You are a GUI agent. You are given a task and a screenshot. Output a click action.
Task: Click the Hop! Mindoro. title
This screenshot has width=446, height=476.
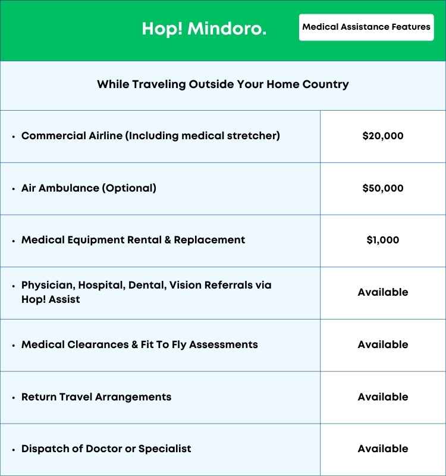coord(204,29)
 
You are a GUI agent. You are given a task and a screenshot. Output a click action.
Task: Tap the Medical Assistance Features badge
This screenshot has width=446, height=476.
coord(366,27)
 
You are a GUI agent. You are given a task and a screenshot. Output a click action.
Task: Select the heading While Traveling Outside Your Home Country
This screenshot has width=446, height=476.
coord(223,84)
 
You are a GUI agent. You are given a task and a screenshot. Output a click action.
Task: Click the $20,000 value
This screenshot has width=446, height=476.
coord(383,136)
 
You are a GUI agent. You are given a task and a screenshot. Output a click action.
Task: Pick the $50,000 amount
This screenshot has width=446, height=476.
coord(383,188)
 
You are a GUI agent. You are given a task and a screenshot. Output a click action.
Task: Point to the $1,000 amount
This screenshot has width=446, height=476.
coord(383,240)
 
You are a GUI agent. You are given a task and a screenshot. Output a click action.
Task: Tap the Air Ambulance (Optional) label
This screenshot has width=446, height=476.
coord(89,188)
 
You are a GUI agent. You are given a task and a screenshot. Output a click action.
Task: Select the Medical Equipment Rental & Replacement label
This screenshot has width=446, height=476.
coord(133,240)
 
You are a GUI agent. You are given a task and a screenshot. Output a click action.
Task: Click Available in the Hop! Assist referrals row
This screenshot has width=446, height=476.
coord(383,292)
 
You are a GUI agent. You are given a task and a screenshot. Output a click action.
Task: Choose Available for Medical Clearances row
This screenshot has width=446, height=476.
coord(383,345)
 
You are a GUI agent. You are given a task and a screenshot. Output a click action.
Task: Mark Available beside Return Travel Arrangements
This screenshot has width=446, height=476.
coord(383,397)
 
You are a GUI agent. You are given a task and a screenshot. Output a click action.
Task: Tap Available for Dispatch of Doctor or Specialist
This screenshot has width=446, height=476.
coord(383,449)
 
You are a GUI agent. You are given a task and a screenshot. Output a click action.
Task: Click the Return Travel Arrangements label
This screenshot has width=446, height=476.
coord(96,397)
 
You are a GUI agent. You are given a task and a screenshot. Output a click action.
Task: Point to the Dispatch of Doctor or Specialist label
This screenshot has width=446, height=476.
coord(106,449)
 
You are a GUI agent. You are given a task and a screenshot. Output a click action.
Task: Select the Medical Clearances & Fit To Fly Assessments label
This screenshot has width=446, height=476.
coord(140,345)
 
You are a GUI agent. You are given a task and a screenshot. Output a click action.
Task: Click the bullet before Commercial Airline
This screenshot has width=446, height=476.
coord(13,136)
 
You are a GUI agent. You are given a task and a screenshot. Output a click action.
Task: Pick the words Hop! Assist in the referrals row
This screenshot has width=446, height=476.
coord(51,299)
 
